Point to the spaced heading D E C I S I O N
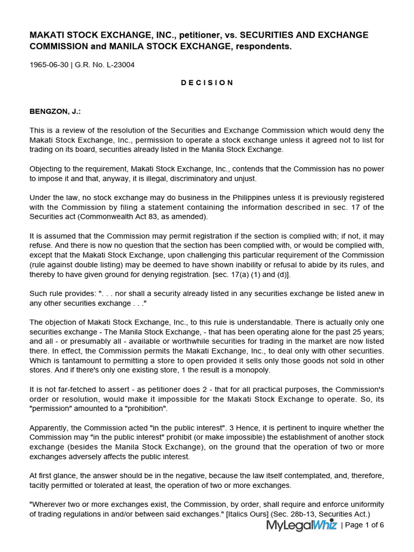coord(207,83)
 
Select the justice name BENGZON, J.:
coord(55,112)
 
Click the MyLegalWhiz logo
coord(301,525)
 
